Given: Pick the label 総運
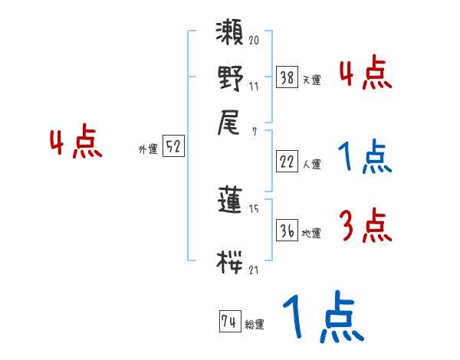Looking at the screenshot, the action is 255,325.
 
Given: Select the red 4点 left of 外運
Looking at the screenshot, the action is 75,143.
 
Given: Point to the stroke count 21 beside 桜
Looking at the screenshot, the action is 253,270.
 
